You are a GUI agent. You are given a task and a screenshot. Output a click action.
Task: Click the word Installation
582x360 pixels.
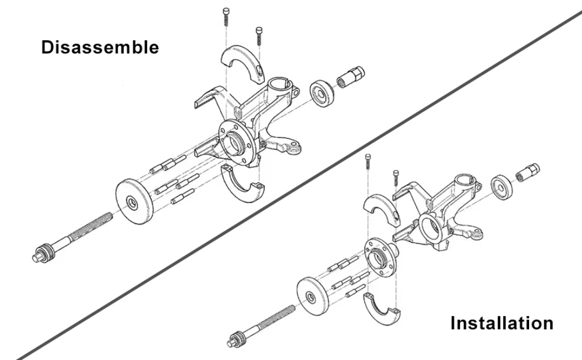point(502,323)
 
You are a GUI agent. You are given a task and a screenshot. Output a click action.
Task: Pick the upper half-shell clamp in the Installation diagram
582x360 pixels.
point(381,210)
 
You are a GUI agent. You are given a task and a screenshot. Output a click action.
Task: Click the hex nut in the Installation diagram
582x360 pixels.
point(528,172)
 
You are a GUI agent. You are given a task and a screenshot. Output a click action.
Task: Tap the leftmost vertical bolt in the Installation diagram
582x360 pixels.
point(367,165)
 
